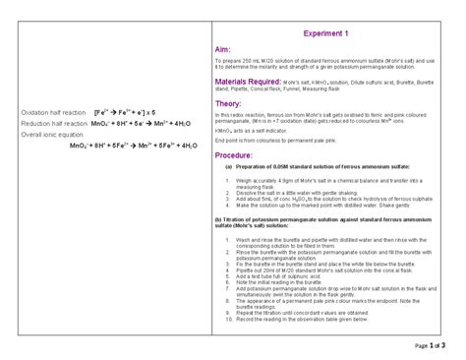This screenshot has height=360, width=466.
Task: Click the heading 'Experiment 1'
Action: [x=326, y=34]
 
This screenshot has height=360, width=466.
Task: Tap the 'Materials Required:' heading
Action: [x=250, y=82]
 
